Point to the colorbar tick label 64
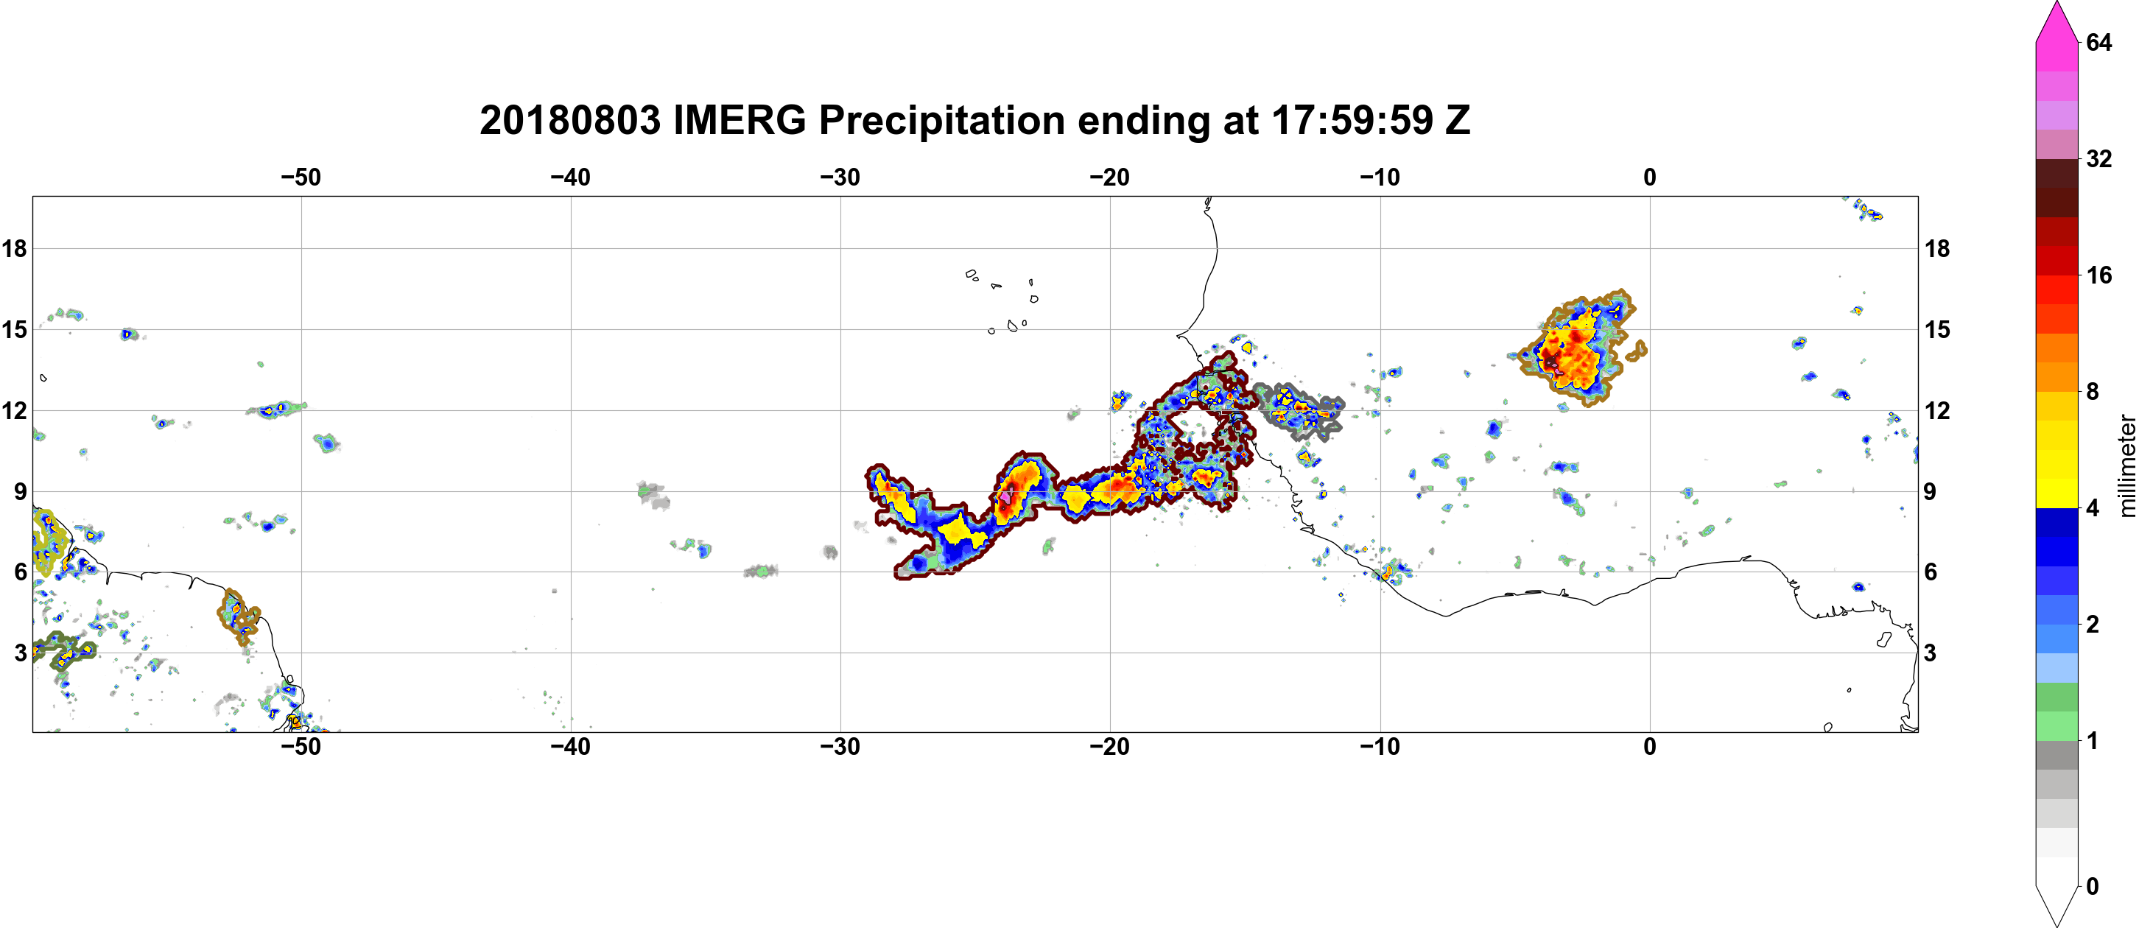click(x=2100, y=42)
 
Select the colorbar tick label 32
click(x=2100, y=158)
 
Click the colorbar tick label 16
click(x=2100, y=275)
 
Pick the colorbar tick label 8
click(x=2093, y=391)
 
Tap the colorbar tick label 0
click(x=2093, y=886)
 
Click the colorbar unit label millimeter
click(x=2126, y=465)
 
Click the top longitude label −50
click(x=301, y=177)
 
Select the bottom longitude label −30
click(x=840, y=746)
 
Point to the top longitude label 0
click(x=1650, y=177)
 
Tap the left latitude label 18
click(x=14, y=248)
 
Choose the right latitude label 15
click(x=1938, y=329)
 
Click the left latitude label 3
click(x=20, y=653)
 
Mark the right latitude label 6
click(x=1931, y=572)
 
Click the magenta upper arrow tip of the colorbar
click(x=2056, y=4)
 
